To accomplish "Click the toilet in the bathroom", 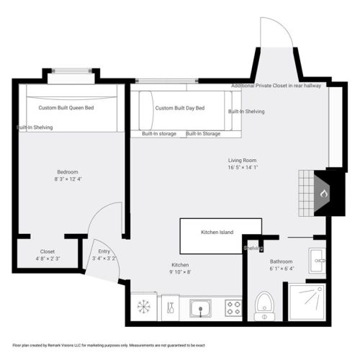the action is (x=264, y=306).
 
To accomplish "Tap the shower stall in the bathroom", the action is (x=307, y=302).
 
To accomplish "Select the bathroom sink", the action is (x=318, y=261).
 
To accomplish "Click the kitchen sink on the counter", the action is (x=200, y=308).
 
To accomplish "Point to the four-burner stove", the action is (x=233, y=308).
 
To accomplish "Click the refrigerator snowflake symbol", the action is (x=144, y=307).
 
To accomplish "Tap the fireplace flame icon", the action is (x=324, y=194).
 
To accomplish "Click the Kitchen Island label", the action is (x=217, y=233).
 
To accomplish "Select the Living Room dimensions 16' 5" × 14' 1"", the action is (x=243, y=168).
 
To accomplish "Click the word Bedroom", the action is (x=68, y=172).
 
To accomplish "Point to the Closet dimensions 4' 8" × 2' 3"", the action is (x=48, y=258).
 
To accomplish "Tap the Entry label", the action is (x=104, y=251).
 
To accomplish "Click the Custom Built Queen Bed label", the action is (x=66, y=108).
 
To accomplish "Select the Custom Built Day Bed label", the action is (x=180, y=108).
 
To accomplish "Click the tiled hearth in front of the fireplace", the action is (x=307, y=194).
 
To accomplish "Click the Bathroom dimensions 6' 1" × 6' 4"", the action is (x=282, y=269).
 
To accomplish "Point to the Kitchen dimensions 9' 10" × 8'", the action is (x=180, y=272).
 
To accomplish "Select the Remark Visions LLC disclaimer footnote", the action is (x=109, y=346).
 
